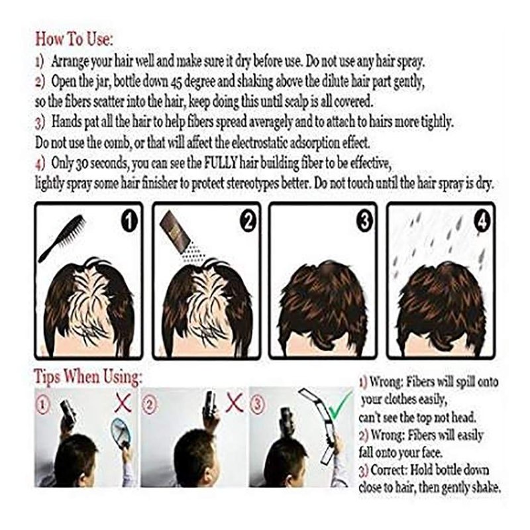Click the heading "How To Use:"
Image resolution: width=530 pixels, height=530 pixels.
click(x=74, y=39)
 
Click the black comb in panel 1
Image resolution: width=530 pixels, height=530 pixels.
click(x=62, y=239)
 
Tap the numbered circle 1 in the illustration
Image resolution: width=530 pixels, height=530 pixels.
click(x=129, y=221)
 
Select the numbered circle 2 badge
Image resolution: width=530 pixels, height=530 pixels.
click(x=248, y=221)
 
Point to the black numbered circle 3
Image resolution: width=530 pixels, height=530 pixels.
click(x=365, y=221)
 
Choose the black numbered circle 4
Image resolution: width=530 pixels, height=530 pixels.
click(x=482, y=222)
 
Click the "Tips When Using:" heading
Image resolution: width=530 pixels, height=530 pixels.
click(x=88, y=376)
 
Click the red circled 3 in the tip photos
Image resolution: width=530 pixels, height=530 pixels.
click(x=258, y=404)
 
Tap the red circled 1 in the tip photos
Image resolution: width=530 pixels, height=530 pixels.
click(x=42, y=404)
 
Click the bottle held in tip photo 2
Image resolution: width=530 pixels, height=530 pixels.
click(x=210, y=404)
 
